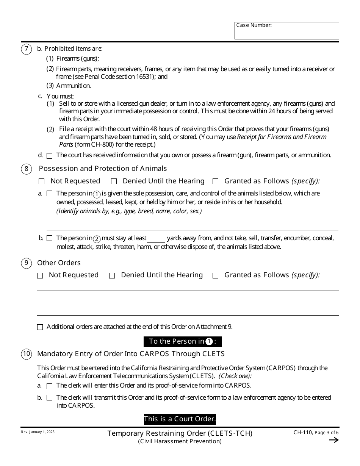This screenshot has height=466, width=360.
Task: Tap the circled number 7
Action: pos(26,49)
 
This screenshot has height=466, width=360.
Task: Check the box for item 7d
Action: pos(50,156)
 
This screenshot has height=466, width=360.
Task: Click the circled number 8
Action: pos(26,169)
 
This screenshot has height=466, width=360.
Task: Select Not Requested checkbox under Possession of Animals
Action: pos(42,181)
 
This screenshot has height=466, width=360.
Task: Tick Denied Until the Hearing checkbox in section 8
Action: pos(114,181)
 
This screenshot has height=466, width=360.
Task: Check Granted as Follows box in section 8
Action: pos(216,181)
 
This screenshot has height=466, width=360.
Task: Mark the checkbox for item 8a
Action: pos(50,194)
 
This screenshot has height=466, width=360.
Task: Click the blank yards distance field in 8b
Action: pos(156,239)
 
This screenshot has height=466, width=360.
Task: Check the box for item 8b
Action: pos(50,239)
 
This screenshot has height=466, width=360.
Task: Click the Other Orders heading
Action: pos(59,263)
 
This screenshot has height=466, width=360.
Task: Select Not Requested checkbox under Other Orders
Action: pos(40,276)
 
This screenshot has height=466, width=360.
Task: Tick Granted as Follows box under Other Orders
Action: pos(216,276)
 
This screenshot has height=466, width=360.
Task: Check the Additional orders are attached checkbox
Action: pos(40,327)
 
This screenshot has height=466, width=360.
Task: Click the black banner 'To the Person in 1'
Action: pos(183,341)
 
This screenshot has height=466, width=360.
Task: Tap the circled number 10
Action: pos(26,354)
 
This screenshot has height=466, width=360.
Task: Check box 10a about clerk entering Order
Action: pos(50,386)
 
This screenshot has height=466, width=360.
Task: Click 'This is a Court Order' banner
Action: pos(180,419)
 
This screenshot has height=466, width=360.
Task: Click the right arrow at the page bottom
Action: pos(333,440)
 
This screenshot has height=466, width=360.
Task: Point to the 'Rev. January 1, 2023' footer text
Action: pos(38,432)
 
